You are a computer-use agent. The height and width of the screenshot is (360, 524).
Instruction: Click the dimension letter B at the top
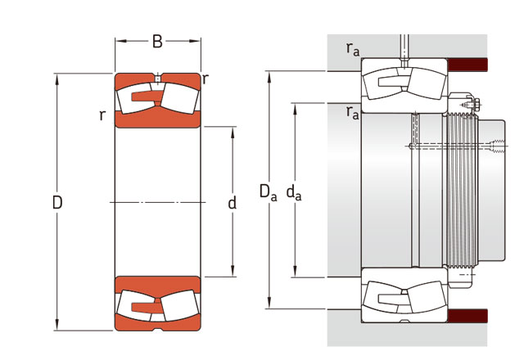click(x=157, y=42)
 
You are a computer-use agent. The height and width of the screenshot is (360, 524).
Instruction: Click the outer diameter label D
click(x=57, y=202)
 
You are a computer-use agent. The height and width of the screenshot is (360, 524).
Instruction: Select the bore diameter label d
click(x=232, y=202)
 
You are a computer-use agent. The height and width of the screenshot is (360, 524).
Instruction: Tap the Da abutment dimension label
click(x=269, y=193)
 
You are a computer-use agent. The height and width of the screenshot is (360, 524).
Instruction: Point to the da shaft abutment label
click(x=294, y=193)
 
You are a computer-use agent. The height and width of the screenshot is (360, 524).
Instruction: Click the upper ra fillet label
click(x=353, y=49)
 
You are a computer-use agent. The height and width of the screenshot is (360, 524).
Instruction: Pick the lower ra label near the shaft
click(x=353, y=113)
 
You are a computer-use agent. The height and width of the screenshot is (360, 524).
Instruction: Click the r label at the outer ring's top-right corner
click(x=206, y=79)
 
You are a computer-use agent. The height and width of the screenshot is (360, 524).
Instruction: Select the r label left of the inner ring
click(x=102, y=115)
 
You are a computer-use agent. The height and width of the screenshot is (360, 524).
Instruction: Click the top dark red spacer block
click(x=468, y=65)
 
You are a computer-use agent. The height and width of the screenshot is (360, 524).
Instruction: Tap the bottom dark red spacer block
click(x=468, y=316)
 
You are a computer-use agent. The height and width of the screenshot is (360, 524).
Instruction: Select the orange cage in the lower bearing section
click(x=147, y=306)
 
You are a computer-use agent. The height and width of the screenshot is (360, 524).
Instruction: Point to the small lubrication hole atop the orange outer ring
click(x=158, y=79)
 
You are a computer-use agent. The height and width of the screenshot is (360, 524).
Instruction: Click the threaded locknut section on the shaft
click(x=462, y=191)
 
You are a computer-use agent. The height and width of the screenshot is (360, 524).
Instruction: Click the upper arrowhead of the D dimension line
click(x=57, y=79)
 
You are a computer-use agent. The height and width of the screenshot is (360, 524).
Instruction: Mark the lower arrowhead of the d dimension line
click(x=233, y=271)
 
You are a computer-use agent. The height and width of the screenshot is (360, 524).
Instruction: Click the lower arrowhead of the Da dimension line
click(x=269, y=304)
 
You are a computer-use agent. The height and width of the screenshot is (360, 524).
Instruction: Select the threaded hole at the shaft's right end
click(x=497, y=146)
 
